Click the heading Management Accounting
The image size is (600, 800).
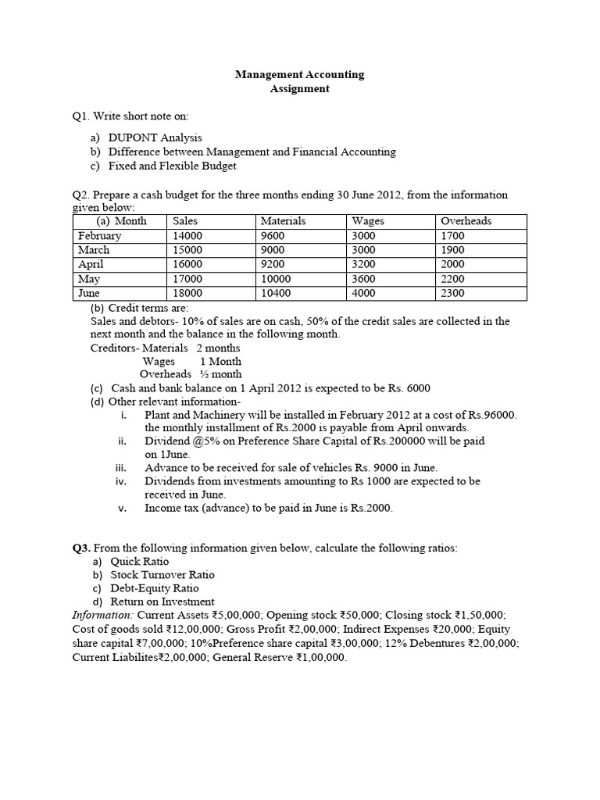tap(299, 75)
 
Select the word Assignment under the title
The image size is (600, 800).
tap(299, 89)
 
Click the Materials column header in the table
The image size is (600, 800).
tap(283, 221)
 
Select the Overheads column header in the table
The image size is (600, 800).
tap(466, 221)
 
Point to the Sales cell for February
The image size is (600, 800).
tap(187, 236)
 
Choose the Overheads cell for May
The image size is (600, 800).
tap(452, 279)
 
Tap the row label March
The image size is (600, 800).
tap(94, 250)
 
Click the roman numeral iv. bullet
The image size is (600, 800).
tap(121, 481)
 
